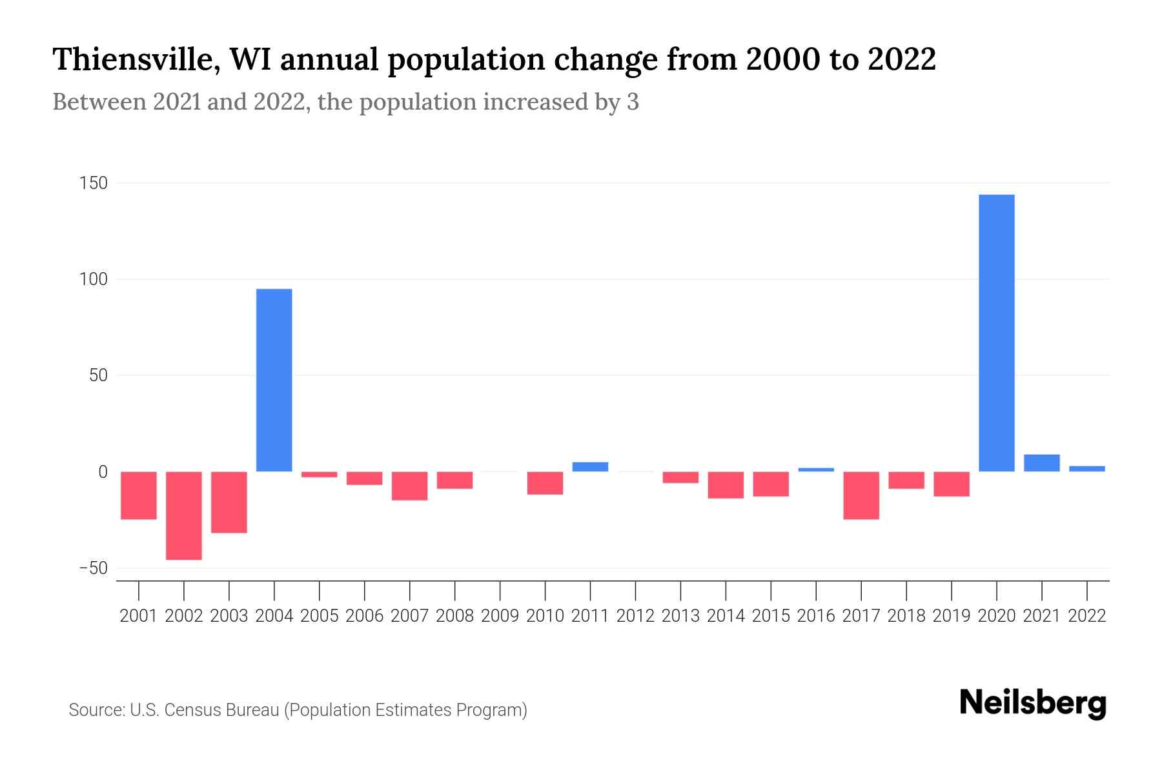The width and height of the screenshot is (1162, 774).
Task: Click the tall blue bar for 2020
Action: tap(996, 333)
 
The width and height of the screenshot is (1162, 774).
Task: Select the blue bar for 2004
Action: tap(274, 380)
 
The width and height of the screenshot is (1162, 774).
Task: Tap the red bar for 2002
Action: tap(183, 515)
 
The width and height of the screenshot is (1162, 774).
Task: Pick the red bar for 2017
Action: tap(861, 495)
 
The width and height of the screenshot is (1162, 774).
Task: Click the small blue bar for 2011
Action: tap(590, 466)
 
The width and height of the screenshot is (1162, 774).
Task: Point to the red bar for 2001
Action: tap(138, 495)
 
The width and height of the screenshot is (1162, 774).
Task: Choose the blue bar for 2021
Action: tap(1041, 463)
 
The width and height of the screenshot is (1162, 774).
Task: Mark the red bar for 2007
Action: tap(409, 486)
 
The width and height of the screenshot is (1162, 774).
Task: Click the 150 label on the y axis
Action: tap(93, 184)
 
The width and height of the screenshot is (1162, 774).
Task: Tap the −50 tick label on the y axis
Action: tap(93, 568)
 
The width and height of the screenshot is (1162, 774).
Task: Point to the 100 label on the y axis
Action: tap(93, 280)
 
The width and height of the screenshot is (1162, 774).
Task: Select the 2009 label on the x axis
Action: tap(500, 616)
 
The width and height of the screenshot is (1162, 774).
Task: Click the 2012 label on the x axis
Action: tap(635, 616)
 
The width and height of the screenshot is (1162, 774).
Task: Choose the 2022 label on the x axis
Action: tap(1086, 616)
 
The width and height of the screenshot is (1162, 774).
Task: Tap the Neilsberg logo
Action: tap(1032, 704)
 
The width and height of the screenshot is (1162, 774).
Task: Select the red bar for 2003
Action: tap(229, 502)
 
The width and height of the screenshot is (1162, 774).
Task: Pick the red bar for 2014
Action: tap(725, 485)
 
